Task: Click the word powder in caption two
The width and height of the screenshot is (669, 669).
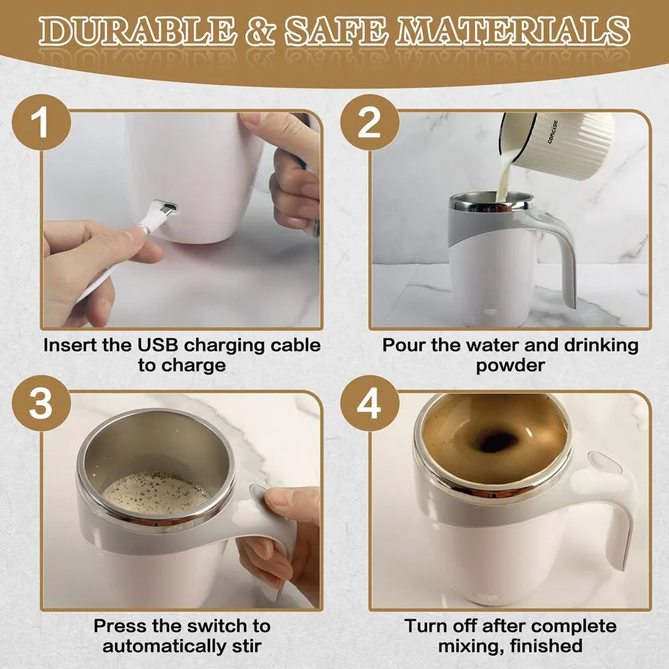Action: [510, 366]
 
